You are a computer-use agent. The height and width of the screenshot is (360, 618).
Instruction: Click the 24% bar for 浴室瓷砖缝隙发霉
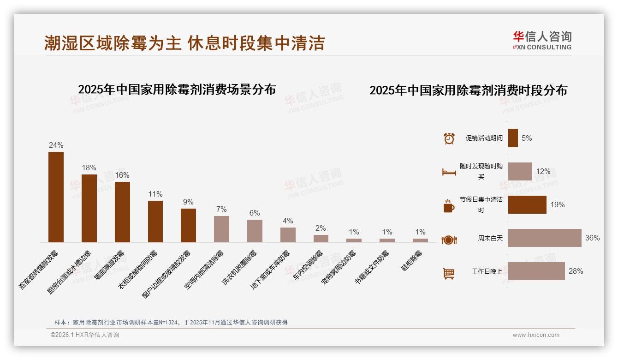click(56, 197)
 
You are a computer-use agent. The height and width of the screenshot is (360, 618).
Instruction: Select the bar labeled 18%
click(89, 208)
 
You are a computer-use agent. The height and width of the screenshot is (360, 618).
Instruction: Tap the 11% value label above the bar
click(155, 194)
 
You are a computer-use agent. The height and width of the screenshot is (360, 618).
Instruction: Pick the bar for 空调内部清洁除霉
click(221, 229)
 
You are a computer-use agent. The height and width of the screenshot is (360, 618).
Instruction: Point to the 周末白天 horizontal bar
click(545, 238)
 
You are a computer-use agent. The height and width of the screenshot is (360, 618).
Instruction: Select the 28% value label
click(576, 271)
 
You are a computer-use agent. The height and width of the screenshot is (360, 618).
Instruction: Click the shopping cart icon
click(449, 273)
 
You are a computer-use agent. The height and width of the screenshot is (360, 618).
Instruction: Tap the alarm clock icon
click(449, 138)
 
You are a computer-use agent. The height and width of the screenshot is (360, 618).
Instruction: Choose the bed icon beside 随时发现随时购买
click(449, 172)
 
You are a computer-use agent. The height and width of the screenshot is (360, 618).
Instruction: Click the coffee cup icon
click(449, 206)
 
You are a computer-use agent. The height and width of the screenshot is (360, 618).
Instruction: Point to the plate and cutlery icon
click(449, 240)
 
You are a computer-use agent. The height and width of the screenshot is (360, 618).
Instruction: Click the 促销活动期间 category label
click(484, 138)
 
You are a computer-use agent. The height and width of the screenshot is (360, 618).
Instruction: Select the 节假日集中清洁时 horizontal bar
click(527, 204)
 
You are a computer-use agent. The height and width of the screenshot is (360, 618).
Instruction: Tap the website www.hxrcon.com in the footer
click(535, 335)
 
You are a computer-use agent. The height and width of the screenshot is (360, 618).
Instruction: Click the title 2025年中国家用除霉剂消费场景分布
click(177, 89)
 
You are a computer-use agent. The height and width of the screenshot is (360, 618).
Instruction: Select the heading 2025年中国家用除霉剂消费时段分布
click(468, 90)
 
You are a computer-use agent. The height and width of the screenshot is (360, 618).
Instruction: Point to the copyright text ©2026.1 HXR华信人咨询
click(84, 335)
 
